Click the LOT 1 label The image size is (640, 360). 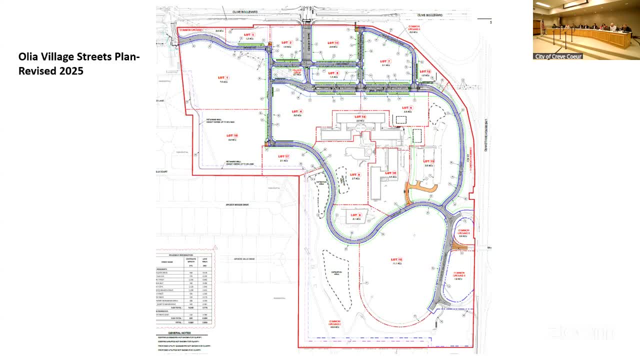click(223, 78)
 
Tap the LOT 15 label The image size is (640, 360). click(397, 259)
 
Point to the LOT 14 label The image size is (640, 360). click(360, 117)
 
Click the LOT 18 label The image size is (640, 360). click(232, 135)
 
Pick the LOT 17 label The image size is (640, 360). click(284, 156)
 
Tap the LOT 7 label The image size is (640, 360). click(385, 61)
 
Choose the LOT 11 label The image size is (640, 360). click(333, 43)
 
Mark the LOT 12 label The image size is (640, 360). click(425, 71)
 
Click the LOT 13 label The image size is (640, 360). click(428, 161)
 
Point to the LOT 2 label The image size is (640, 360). click(286, 42)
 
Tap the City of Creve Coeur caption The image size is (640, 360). click(558, 56)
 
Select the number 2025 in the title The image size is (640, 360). click(71, 71)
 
